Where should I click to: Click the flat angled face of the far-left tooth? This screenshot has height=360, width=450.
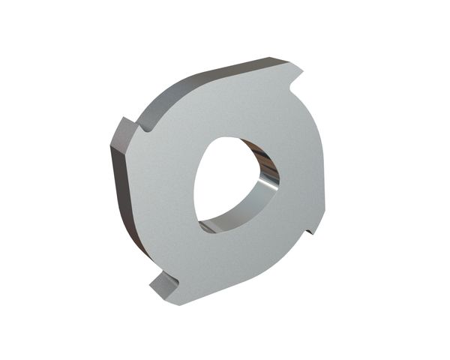tap(121, 133)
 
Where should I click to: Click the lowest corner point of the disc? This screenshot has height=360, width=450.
tap(178, 305)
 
